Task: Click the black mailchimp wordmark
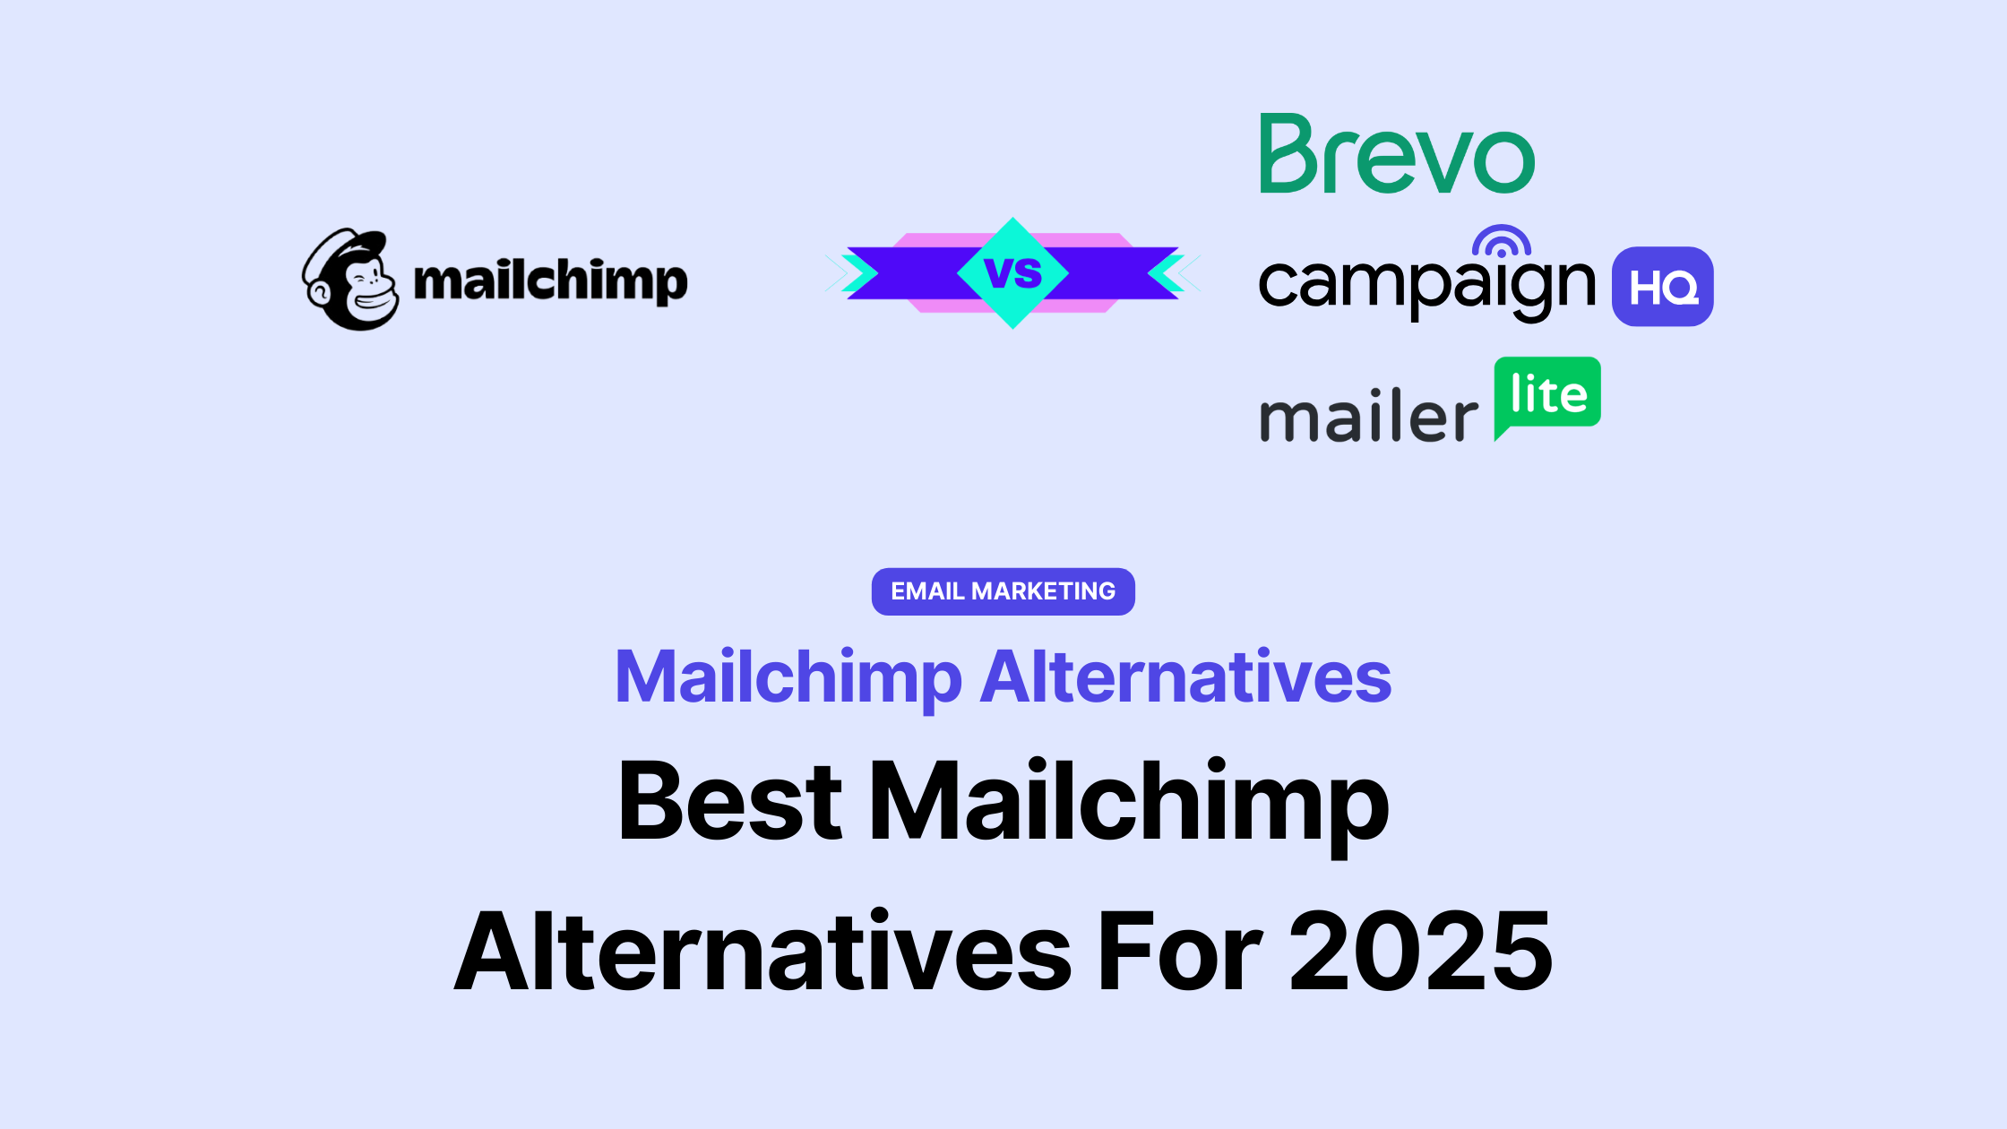coord(550,281)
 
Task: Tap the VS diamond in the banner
coord(1012,272)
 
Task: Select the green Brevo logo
coord(1397,154)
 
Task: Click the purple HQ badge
coord(1662,287)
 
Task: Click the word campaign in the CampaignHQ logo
coord(1426,285)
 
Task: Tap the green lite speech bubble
coord(1547,394)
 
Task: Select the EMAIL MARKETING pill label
coord(1003,591)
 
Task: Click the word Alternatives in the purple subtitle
coord(1185,677)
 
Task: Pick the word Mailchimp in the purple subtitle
coord(788,677)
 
